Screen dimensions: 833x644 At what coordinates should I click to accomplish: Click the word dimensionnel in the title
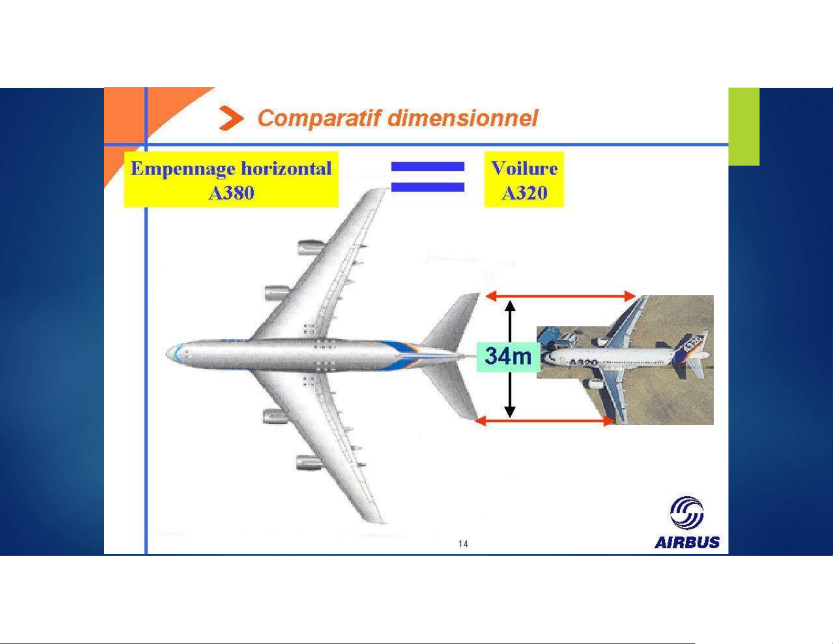coord(462,118)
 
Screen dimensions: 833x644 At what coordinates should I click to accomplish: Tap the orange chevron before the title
coord(231,118)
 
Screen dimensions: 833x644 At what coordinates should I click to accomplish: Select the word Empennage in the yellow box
coord(183,169)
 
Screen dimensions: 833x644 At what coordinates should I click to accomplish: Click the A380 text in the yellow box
coord(231,192)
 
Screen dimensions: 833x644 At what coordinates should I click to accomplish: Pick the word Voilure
coord(524,168)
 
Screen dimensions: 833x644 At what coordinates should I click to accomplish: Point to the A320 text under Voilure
coord(524,192)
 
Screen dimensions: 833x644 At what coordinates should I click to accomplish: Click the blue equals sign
coord(427,176)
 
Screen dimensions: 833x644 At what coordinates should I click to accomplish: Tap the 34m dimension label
coord(508,356)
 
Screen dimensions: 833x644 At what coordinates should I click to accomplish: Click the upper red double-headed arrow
coord(560,296)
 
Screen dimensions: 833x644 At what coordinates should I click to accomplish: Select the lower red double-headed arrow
coord(544,421)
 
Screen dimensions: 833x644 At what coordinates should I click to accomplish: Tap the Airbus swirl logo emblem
coord(686,513)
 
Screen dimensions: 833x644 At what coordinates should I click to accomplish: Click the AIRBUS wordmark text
coord(687,543)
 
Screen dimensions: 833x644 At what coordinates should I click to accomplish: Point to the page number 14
coord(463,544)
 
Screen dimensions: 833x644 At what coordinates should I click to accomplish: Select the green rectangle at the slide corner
coord(744,127)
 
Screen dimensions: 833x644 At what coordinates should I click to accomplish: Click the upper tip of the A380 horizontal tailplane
coord(478,294)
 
